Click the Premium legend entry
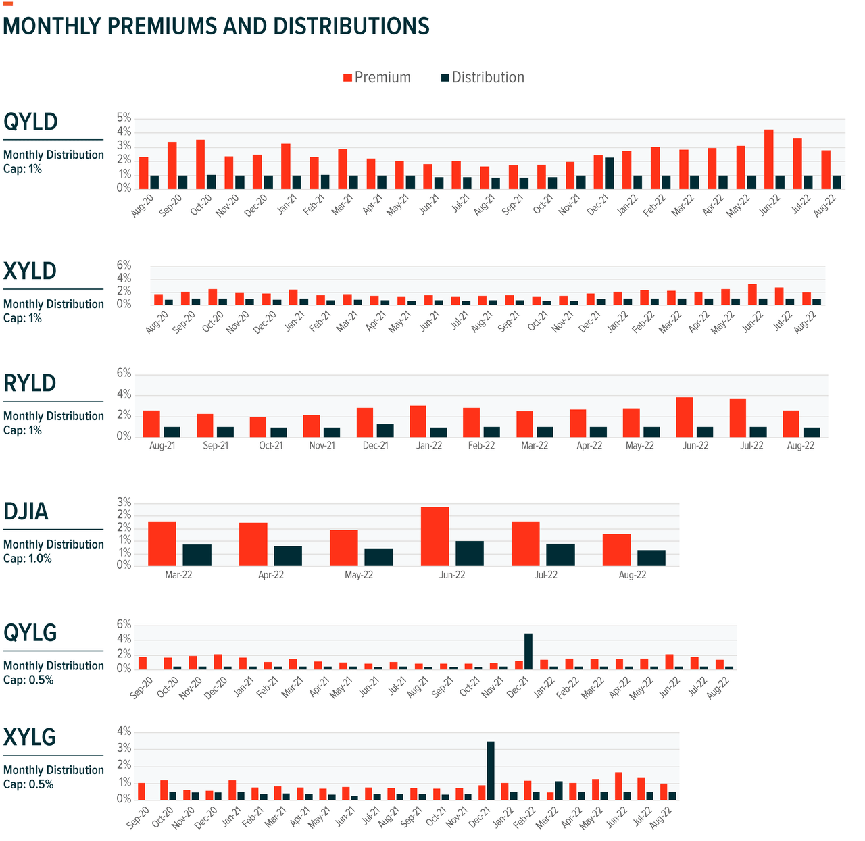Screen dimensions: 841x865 (x=377, y=78)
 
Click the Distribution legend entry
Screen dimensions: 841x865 (x=483, y=78)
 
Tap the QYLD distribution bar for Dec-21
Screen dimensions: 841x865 (x=610, y=173)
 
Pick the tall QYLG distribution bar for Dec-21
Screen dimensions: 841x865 (x=528, y=651)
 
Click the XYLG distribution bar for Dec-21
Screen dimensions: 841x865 (x=491, y=770)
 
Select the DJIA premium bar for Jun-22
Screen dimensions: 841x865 (x=435, y=536)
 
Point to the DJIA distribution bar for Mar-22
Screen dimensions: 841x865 (x=197, y=555)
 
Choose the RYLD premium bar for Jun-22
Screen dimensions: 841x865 (x=685, y=417)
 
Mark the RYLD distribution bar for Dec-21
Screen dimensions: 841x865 (x=385, y=430)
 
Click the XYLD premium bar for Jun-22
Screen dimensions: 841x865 (x=752, y=294)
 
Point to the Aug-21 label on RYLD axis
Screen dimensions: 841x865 (x=162, y=446)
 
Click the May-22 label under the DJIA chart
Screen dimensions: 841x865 (x=359, y=575)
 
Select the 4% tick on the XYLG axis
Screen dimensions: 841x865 (x=124, y=732)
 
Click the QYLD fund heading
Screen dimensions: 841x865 (x=31, y=122)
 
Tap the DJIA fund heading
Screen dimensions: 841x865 (x=26, y=512)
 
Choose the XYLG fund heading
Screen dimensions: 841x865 (x=30, y=738)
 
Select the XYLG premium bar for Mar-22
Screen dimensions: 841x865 (x=550, y=795)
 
